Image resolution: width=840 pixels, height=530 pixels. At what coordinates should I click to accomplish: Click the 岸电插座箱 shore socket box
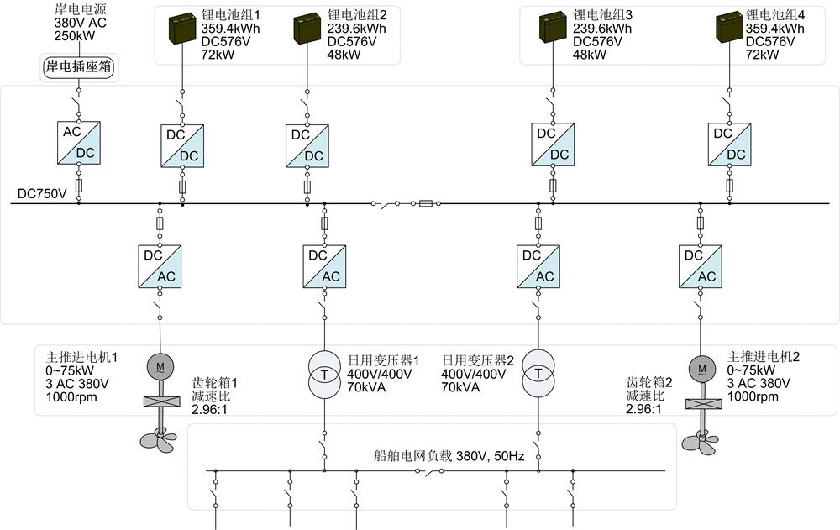[78, 66]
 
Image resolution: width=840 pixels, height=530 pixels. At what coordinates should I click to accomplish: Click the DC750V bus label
[42, 194]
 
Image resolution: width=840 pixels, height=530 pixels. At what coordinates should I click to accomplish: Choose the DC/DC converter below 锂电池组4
[728, 144]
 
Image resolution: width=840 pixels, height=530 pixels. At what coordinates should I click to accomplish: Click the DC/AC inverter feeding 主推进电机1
[160, 266]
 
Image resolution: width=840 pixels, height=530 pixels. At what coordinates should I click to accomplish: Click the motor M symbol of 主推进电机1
[159, 366]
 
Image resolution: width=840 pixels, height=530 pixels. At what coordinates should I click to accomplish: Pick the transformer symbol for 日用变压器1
[323, 375]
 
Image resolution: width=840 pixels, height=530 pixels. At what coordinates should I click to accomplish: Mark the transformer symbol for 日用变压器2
[538, 375]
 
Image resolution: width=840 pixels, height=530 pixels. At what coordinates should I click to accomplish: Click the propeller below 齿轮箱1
[158, 437]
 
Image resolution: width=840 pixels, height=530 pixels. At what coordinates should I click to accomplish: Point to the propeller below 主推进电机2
[700, 439]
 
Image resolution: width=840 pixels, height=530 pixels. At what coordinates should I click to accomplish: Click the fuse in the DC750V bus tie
[426, 203]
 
